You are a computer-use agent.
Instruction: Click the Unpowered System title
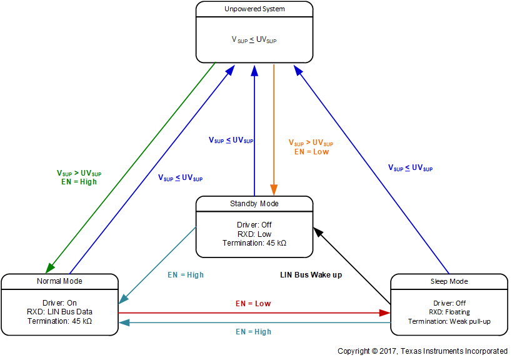[254, 9]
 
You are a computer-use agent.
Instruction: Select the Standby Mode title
[254, 204]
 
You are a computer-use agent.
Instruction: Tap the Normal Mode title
[59, 281]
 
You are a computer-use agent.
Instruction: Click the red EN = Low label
[253, 304]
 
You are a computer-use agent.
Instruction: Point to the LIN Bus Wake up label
[310, 274]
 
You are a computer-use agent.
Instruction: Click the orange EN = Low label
[311, 152]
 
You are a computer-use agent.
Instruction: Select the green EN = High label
[79, 182]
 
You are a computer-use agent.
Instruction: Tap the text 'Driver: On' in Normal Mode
[59, 302]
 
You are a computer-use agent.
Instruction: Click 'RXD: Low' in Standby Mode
[254, 234]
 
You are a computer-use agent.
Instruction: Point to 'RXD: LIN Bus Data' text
[59, 312]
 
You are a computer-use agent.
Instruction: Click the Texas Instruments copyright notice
[423, 351]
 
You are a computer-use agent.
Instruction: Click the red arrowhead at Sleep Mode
[385, 312]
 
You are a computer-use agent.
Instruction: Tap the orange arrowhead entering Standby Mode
[274, 191]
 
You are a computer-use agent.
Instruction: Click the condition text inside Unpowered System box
[254, 39]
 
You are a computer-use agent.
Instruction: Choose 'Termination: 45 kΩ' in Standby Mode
[254, 243]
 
